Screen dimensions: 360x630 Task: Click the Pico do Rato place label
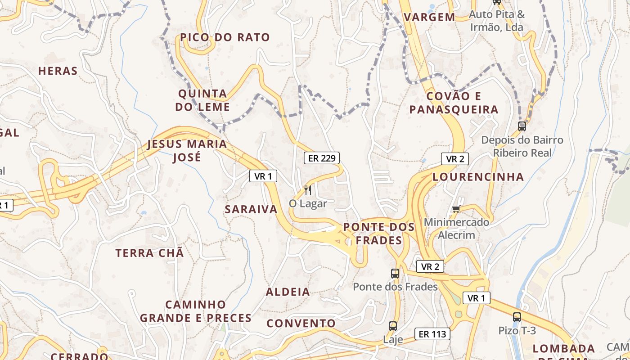click(225, 37)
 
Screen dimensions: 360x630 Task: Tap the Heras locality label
click(58, 71)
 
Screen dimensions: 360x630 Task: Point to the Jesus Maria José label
click(187, 151)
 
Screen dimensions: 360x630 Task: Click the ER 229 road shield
click(321, 158)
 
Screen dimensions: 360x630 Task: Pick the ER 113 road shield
click(432, 334)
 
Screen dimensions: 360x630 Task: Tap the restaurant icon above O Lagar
click(308, 190)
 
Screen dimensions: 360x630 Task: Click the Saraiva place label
click(251, 209)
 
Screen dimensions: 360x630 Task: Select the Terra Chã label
click(150, 253)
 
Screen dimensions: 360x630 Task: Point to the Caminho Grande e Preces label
click(195, 311)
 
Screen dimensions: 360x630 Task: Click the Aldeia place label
click(288, 292)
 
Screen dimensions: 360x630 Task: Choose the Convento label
click(301, 323)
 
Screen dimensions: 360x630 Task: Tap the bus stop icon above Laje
click(393, 326)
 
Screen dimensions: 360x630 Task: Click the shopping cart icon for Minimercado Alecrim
click(456, 209)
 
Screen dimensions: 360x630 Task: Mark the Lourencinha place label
click(478, 177)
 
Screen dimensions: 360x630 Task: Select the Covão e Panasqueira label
click(454, 103)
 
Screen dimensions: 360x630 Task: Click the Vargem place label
click(429, 18)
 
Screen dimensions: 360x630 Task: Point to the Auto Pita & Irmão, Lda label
click(497, 21)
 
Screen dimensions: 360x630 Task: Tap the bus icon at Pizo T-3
click(517, 317)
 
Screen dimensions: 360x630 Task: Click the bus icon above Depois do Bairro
click(522, 126)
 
